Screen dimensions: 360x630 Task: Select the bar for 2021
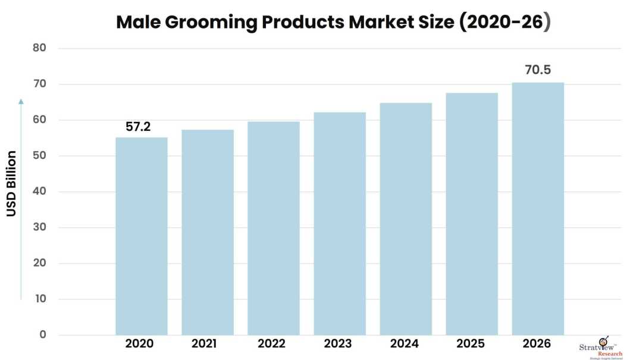(208, 232)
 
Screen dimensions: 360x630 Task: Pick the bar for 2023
(340, 223)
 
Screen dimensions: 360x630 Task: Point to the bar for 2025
(472, 214)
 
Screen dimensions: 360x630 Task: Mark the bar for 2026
(538, 208)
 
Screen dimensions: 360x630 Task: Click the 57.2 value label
(137, 127)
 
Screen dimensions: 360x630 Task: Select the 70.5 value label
(537, 70)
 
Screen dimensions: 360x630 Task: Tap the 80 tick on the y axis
(39, 48)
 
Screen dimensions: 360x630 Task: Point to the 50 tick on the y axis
(39, 156)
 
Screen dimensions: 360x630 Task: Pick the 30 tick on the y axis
(39, 227)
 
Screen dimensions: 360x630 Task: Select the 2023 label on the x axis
(338, 344)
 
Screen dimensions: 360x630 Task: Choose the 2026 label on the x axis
(537, 344)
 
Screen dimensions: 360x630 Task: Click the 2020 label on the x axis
(140, 344)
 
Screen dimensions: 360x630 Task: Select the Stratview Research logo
(601, 349)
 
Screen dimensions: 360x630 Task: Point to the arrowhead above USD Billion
(21, 101)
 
